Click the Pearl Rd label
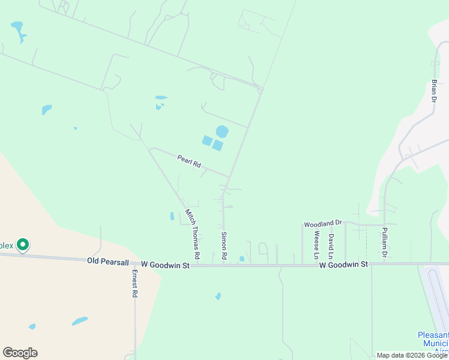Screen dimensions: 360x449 pos(188,161)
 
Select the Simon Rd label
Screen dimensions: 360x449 pos(224,245)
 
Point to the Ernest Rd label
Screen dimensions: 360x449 pos(134,283)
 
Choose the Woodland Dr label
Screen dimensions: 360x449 pos(322,224)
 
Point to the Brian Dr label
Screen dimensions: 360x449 pos(434,91)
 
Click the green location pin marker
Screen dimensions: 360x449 pos(23,245)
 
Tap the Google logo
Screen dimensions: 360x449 pos(20,353)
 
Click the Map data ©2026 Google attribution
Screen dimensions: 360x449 pos(412,355)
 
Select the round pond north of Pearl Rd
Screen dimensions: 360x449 pos(222,131)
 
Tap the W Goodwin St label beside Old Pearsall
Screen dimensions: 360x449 pos(165,264)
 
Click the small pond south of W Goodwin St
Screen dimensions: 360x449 pos(218,296)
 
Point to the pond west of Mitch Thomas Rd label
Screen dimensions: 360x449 pos(172,216)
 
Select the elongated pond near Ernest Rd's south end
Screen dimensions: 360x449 pos(80,321)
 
